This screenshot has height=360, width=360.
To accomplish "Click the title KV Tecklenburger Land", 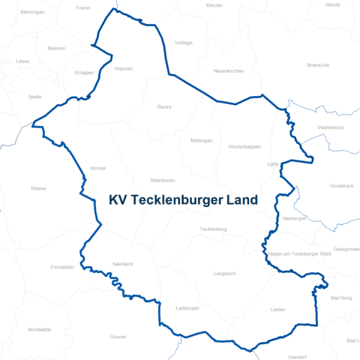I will tap(183, 200).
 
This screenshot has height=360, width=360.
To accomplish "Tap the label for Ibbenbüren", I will tap(163, 181).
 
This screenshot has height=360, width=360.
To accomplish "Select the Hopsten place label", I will tap(123, 68).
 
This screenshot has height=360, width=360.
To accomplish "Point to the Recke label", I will tap(164, 107).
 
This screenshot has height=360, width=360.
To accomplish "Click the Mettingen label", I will tap(202, 140).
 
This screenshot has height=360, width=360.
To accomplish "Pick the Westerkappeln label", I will tap(244, 146).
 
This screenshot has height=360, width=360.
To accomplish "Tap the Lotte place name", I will tap(273, 163).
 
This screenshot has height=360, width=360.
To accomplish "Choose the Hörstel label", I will tap(97, 168).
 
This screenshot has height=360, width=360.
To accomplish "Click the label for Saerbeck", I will tap(122, 264).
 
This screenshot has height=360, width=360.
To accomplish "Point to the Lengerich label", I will tap(224, 274).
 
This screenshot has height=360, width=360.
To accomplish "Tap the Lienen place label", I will tap(277, 309).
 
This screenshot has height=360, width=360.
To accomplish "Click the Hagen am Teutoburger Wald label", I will tap(299, 254).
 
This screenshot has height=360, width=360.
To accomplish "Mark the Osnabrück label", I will tap(341, 185).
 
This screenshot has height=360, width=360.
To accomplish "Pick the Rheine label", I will tap(38, 188).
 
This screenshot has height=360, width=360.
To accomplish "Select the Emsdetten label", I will tap(62, 267).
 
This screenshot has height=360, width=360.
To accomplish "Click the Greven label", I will tap(118, 337).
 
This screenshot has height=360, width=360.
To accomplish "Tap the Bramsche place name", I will tap(318, 65).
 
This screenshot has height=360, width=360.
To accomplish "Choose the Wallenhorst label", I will tap(331, 128).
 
